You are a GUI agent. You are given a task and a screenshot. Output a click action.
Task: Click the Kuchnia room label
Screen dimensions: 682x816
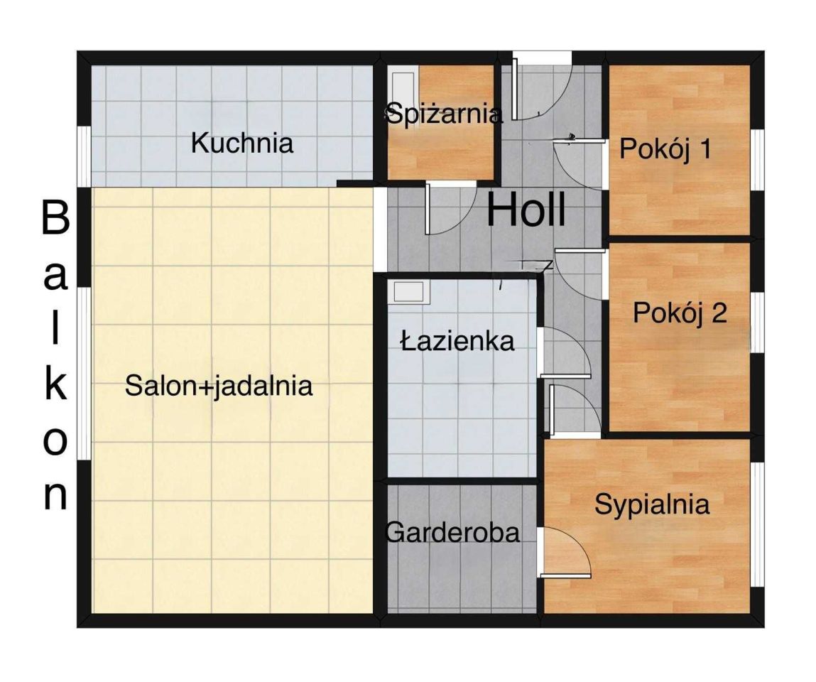click(242, 144)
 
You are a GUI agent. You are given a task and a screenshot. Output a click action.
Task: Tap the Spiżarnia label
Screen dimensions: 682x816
click(444, 114)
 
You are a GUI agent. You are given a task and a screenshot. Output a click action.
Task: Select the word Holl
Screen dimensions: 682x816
click(526, 210)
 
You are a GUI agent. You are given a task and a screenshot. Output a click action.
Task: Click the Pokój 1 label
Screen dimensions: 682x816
click(665, 149)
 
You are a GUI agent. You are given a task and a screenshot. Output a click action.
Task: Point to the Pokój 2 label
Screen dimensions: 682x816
click(680, 313)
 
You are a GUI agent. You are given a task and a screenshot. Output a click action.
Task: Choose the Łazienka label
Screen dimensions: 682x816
click(457, 342)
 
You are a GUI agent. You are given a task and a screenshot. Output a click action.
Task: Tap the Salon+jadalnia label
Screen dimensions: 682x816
click(219, 386)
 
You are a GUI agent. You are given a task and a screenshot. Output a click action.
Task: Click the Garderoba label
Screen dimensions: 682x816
click(452, 532)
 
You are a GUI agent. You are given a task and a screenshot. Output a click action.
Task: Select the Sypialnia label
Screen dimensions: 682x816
click(652, 504)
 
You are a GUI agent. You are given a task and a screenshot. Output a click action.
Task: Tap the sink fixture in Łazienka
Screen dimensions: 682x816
click(408, 291)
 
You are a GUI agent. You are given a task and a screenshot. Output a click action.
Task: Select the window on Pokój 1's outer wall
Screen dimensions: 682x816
click(757, 160)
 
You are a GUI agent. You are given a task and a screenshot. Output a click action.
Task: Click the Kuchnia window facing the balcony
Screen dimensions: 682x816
click(84, 156)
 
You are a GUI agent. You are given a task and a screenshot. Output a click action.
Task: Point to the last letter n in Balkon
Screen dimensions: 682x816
click(55, 497)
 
